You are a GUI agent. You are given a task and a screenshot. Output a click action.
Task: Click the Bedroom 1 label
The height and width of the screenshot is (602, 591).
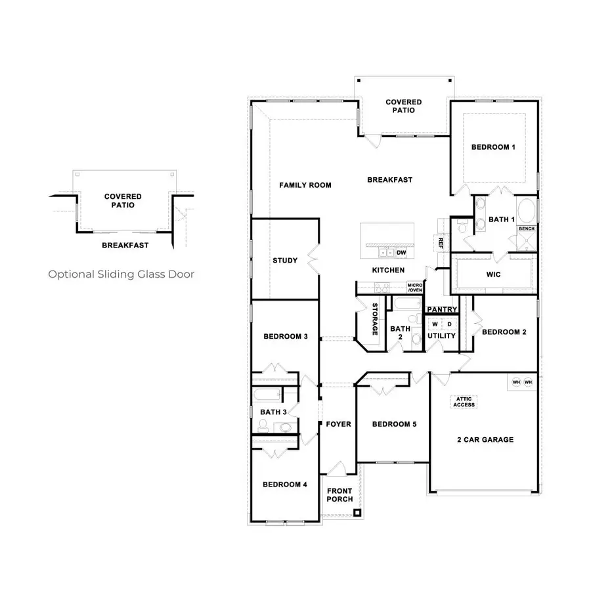[492, 147]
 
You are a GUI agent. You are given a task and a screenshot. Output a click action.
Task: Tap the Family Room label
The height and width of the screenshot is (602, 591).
[305, 185]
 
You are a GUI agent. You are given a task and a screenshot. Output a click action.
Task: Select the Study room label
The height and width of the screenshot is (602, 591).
[285, 261]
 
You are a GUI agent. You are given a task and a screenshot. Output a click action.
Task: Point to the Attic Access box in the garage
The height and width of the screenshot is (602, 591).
[464, 402]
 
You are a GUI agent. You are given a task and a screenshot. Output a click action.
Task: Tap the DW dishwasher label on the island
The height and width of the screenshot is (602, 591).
[402, 252]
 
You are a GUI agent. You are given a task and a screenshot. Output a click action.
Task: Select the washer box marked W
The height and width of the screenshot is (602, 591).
[435, 324]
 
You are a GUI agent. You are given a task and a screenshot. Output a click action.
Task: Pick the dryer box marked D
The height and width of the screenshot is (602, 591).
[450, 324]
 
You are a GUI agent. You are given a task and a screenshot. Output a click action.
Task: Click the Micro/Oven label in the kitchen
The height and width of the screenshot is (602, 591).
[414, 288]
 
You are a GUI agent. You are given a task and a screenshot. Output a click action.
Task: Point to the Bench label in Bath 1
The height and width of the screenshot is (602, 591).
[527, 228]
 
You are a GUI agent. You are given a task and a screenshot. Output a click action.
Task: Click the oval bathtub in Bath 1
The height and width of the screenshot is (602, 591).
[527, 212]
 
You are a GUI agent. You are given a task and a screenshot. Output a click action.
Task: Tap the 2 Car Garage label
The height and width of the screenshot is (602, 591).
[485, 440]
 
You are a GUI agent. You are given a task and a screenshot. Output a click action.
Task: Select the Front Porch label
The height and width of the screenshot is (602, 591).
[339, 495]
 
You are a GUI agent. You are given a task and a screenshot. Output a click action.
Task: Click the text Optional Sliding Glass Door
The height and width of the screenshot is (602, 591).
[121, 274]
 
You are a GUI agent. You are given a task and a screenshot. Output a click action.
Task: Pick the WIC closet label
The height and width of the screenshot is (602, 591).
[493, 274]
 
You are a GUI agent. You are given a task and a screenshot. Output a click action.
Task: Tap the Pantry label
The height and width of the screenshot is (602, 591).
[442, 309]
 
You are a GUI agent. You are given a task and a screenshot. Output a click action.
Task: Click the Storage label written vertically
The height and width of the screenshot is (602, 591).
[375, 320]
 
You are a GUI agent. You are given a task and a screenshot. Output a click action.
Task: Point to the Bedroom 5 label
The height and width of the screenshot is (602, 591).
[394, 424]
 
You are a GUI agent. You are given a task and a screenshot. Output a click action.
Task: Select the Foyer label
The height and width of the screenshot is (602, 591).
[338, 424]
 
